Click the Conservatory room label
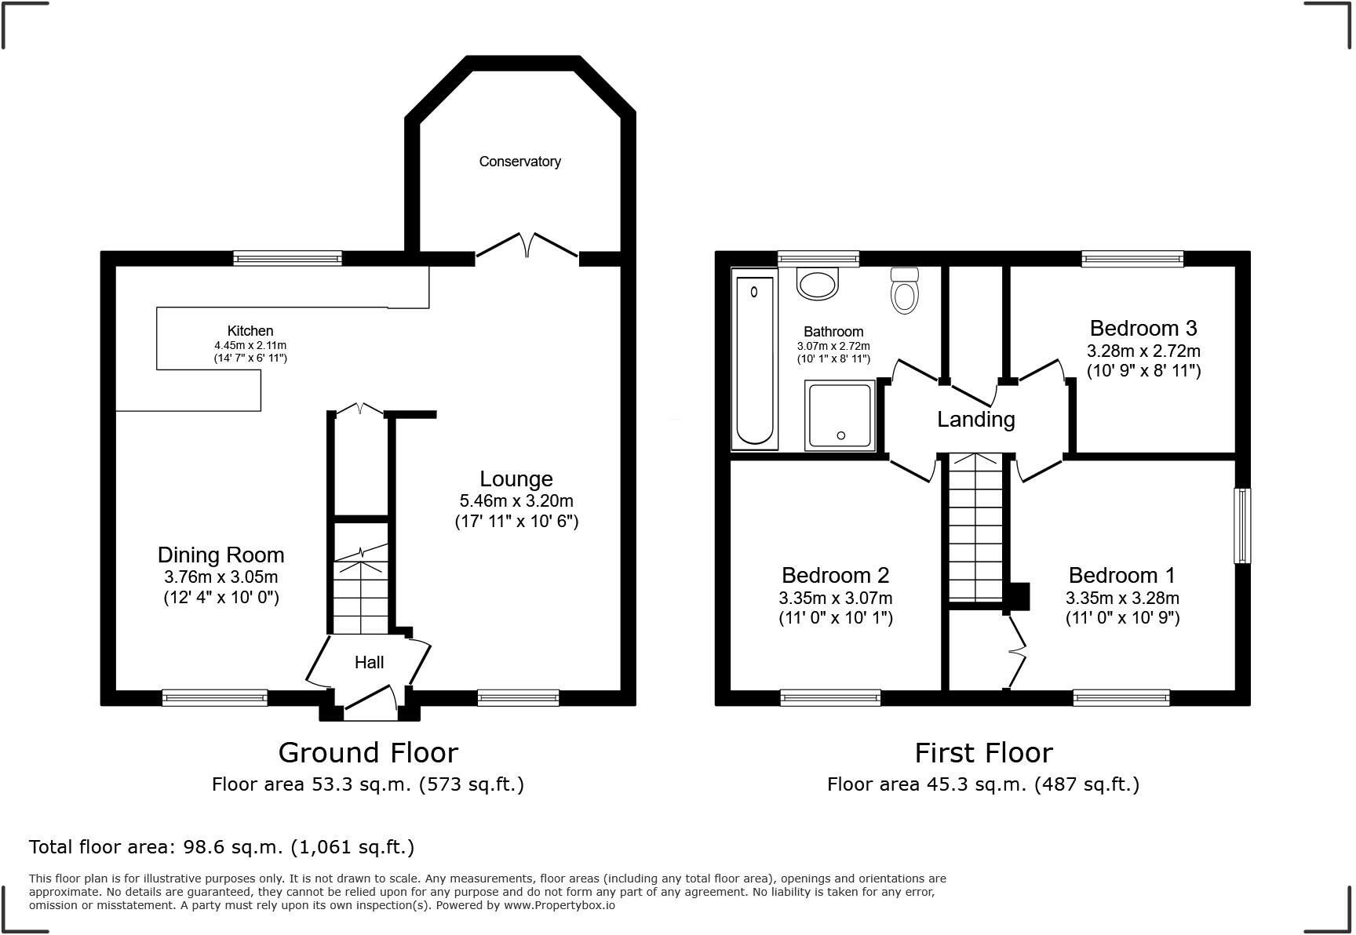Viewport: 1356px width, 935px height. click(519, 162)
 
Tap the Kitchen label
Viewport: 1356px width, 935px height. click(250, 331)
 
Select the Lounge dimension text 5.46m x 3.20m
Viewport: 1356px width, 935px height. click(516, 500)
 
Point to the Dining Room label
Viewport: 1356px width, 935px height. click(221, 555)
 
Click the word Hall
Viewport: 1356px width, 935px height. click(369, 663)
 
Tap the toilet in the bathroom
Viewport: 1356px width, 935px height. click(905, 290)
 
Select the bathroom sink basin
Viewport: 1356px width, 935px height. click(818, 283)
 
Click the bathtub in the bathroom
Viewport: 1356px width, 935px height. click(754, 360)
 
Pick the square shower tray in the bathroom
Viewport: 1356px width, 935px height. click(840, 416)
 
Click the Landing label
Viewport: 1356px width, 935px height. click(976, 420)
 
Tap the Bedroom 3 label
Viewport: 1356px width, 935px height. click(1143, 328)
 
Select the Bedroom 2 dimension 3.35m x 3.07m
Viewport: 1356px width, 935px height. click(836, 598)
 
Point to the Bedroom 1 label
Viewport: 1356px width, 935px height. click(1122, 576)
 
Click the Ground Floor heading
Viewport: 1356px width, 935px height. click(368, 753)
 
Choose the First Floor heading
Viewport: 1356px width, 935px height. click(983, 753)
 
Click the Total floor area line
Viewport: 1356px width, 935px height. click(221, 847)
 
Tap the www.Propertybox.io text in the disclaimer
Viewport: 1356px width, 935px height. click(559, 905)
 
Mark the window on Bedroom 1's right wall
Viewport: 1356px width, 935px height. click(1242, 526)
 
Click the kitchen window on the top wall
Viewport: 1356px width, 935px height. click(287, 258)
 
